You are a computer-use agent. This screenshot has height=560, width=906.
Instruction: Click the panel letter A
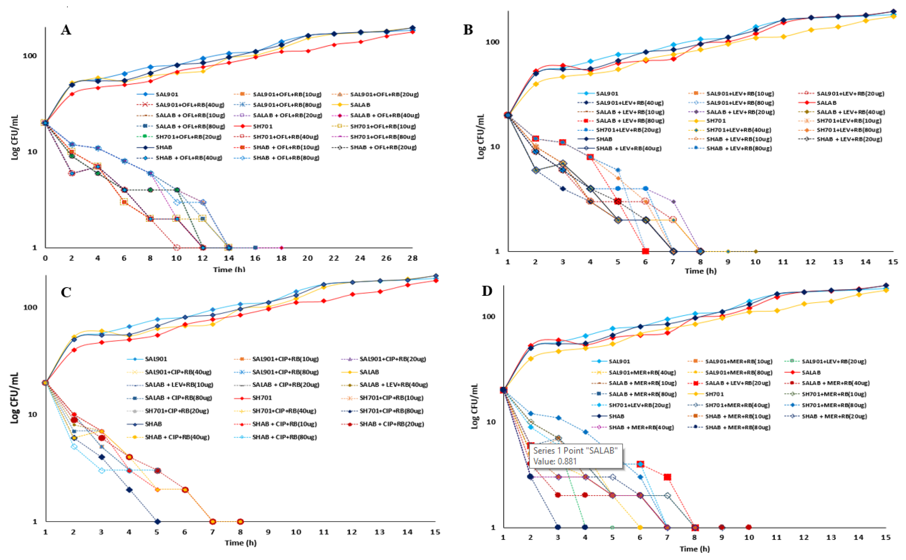[66, 30]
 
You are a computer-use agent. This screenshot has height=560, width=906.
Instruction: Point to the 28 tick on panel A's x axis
[412, 258]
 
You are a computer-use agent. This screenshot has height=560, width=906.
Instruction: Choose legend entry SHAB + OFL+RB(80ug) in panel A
[286, 158]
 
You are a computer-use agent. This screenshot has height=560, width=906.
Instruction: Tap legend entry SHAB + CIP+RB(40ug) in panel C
[177, 437]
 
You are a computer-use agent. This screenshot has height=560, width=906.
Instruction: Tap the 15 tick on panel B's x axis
[893, 262]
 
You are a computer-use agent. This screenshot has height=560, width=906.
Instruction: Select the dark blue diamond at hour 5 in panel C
[157, 522]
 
